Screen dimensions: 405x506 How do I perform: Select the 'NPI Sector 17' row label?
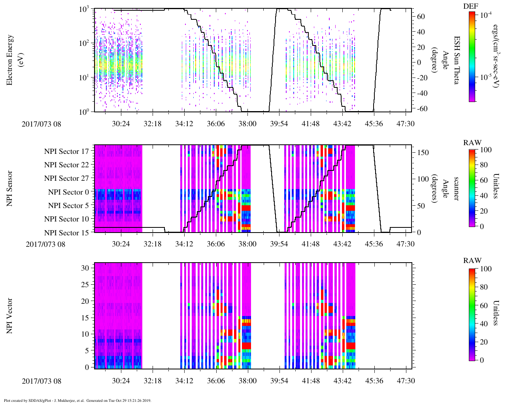coord(66,151)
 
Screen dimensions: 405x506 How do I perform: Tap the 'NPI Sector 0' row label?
coord(68,192)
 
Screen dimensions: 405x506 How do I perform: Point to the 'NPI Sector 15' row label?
coord(66,233)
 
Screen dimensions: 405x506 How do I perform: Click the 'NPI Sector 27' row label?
coord(66,178)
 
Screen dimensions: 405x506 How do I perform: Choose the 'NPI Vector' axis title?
coord(10,316)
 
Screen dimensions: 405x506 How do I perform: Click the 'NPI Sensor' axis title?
coord(10,188)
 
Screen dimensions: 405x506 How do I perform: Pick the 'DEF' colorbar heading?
coord(470,6)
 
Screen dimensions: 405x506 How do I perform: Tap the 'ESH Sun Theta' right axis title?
coord(457,60)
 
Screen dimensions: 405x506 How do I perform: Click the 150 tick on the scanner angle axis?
coord(423,153)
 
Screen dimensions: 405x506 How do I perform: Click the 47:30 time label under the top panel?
coord(405,124)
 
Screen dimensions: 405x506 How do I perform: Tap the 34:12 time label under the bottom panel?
coord(184,381)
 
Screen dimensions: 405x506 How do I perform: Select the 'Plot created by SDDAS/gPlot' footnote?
coord(77,401)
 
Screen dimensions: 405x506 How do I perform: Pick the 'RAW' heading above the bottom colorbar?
coord(472,261)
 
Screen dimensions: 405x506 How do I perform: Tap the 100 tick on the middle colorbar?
coord(486,150)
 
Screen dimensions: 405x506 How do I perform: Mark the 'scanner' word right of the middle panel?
coord(457,188)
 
